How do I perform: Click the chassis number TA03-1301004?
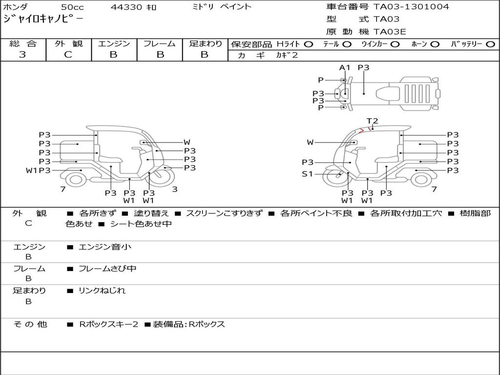411,7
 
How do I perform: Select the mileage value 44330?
126,7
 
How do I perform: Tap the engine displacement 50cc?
72,7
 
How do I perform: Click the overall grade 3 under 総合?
22,55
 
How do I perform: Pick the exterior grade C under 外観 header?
68,55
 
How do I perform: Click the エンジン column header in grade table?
114,43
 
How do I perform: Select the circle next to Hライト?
309,44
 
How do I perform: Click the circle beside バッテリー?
490,44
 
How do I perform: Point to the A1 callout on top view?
344,67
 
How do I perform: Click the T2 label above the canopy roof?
372,121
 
